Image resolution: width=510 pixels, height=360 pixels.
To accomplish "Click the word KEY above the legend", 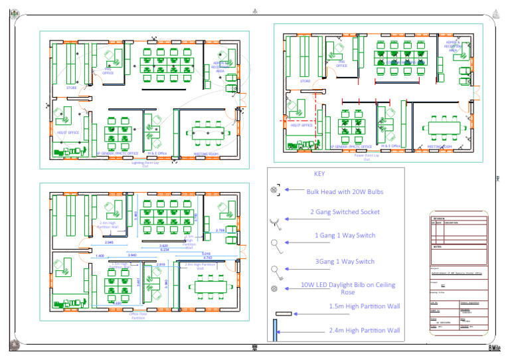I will pyautogui.click(x=319, y=174).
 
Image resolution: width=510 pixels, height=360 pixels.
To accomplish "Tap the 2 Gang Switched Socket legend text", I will pyautogui.click(x=345, y=212).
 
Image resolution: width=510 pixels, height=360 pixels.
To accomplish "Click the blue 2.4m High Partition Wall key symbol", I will pyautogui.click(x=274, y=330).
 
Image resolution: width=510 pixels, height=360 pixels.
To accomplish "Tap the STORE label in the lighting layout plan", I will pyautogui.click(x=71, y=87).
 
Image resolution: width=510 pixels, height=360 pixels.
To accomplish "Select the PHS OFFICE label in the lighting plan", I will pyautogui.click(x=108, y=71).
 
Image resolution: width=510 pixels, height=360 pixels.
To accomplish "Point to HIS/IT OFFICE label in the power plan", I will pyautogui.click(x=301, y=124).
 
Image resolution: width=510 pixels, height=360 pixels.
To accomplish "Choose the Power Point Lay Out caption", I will pyautogui.click(x=367, y=157).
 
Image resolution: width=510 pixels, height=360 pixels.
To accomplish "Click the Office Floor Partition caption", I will pyautogui.click(x=138, y=316).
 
